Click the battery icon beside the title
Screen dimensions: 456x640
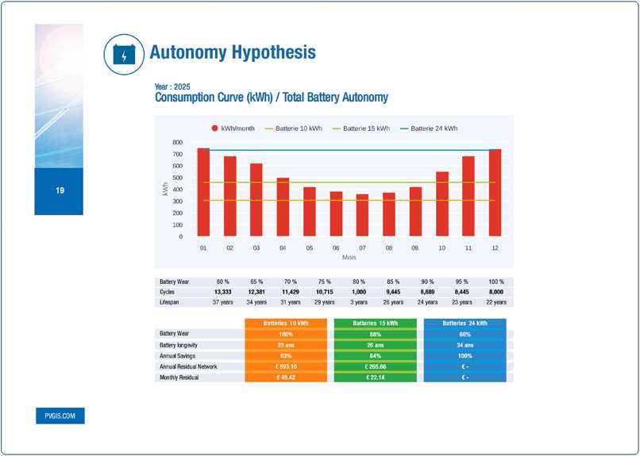coord(124,53)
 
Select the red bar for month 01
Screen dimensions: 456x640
coord(203,192)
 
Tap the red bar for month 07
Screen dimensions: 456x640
coord(362,215)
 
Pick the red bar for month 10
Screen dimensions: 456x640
coord(442,204)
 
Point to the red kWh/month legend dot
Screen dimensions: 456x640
coord(214,128)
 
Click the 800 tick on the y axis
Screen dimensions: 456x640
coord(177,142)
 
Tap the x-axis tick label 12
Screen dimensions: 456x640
coord(495,248)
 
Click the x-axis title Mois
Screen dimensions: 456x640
coord(349,258)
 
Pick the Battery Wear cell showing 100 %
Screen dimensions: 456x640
coord(495,282)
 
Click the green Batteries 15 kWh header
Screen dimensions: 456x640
coord(376,324)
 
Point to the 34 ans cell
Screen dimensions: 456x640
coord(465,345)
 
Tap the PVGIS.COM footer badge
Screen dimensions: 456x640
coord(60,416)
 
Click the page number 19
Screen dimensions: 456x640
coord(60,191)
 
